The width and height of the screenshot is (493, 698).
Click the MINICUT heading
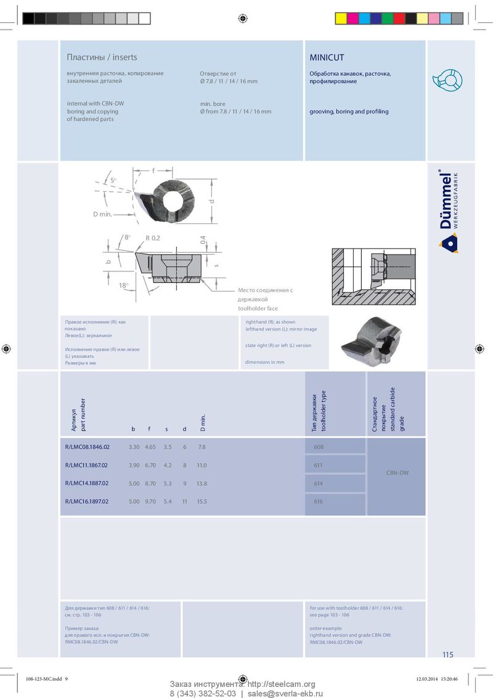tap(327, 57)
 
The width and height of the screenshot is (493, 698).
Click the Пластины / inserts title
tap(102, 57)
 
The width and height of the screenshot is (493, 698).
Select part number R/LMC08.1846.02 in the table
tap(87, 446)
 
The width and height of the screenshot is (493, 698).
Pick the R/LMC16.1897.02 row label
tap(87, 502)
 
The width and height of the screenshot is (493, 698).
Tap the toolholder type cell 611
tap(318, 465)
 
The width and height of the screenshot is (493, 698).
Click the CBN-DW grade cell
tap(397, 474)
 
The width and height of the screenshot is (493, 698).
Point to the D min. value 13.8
tap(202, 483)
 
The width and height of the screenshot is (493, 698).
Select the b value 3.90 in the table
tap(134, 465)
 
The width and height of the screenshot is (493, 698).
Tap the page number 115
tap(447, 655)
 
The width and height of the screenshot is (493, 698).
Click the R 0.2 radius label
tap(153, 238)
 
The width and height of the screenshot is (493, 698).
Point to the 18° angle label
tap(123, 285)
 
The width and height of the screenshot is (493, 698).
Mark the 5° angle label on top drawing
tap(113, 180)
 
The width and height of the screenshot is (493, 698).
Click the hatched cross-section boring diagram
tap(373, 276)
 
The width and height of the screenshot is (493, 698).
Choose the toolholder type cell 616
tap(318, 502)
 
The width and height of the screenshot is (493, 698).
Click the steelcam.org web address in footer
tap(281, 684)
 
